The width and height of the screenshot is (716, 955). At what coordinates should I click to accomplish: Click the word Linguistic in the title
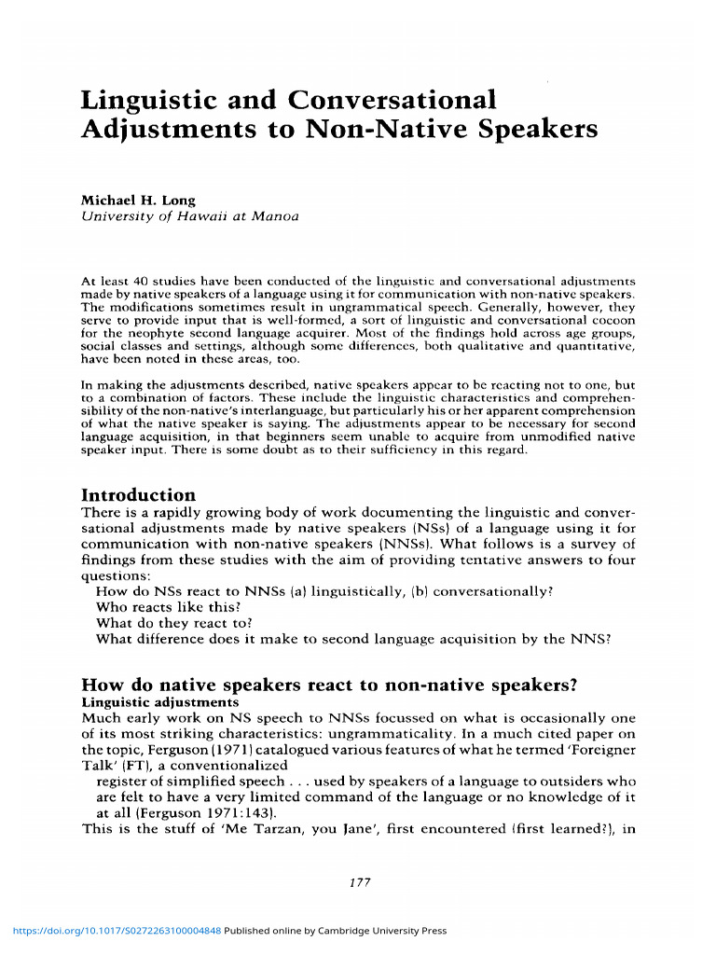click(147, 99)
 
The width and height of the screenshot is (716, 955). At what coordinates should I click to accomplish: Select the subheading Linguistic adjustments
click(160, 701)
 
